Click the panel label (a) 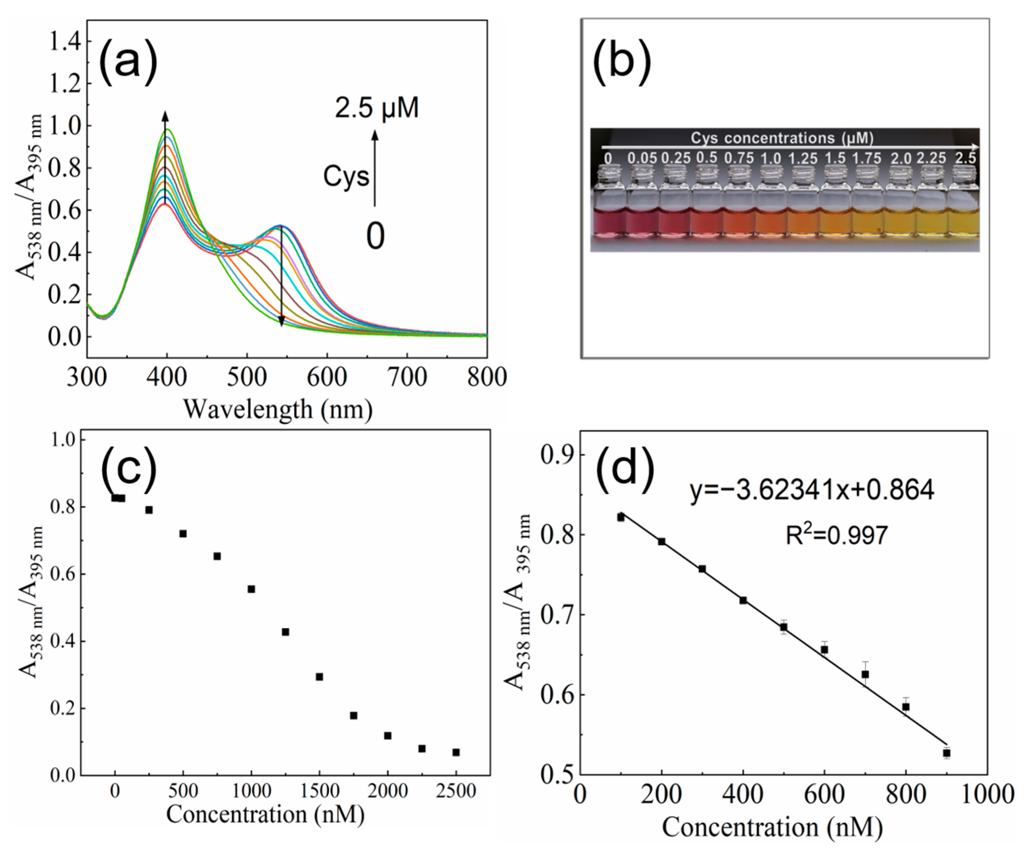128,61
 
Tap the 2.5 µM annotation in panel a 376,108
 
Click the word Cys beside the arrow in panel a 346,177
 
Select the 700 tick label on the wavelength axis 407,378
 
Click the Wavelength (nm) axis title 278,409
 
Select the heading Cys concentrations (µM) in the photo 782,138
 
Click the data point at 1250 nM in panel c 285,632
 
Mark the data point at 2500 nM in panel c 456,752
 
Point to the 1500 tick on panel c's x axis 319,791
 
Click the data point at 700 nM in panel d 865,674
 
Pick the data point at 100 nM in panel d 621,517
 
